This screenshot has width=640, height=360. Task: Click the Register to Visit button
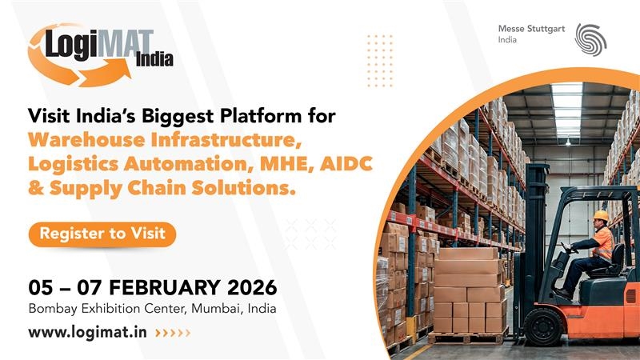pyautogui.click(x=102, y=234)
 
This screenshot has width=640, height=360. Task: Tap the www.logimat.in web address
pyautogui.click(x=88, y=332)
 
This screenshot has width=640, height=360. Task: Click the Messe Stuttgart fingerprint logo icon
pyautogui.click(x=590, y=38)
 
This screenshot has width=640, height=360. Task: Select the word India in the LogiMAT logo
pyautogui.click(x=154, y=58)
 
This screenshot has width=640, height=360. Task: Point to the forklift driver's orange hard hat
pyautogui.click(x=601, y=215)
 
